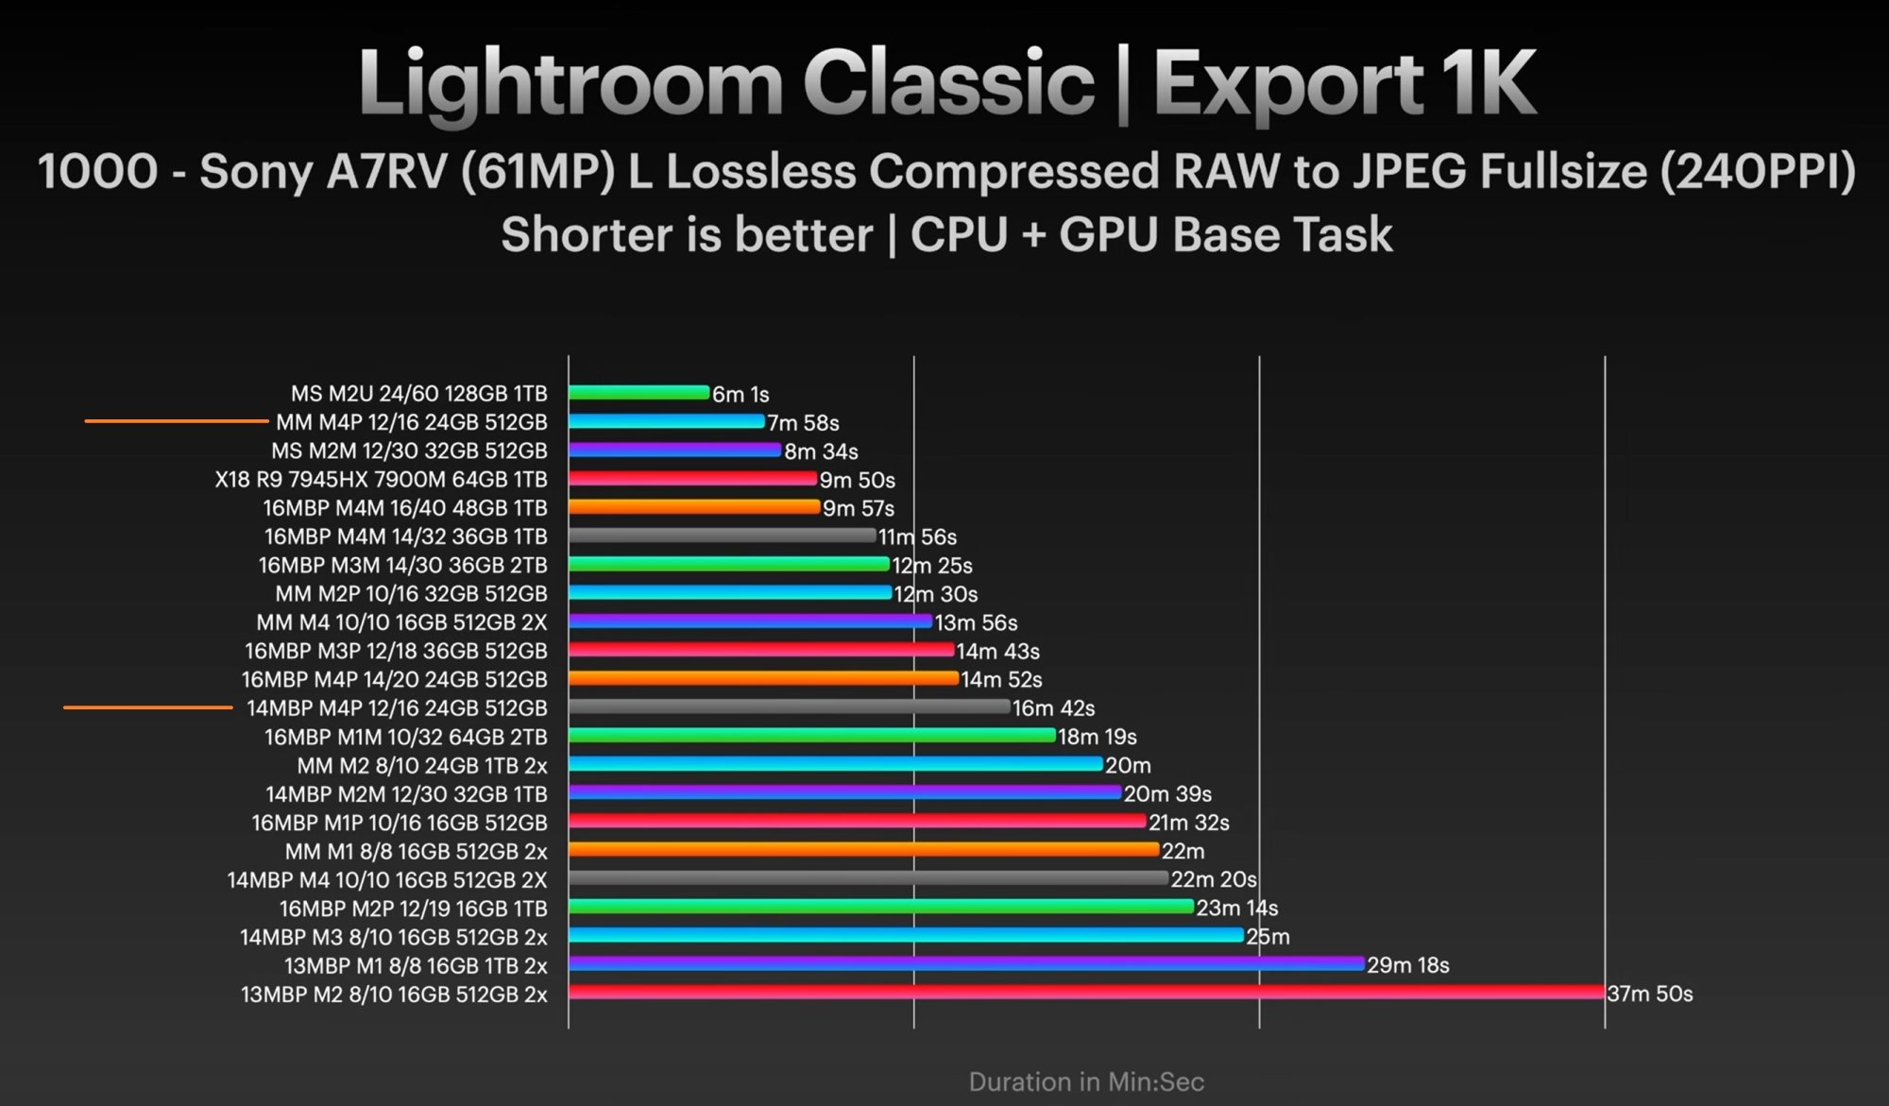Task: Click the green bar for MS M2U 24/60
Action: click(x=638, y=393)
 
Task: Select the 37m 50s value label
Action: click(x=1649, y=994)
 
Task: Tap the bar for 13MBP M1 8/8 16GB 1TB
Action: click(x=966, y=964)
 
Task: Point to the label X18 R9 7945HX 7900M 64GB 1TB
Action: click(x=381, y=480)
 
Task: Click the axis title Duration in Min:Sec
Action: click(x=1086, y=1081)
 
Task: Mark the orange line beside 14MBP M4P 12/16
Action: click(x=147, y=707)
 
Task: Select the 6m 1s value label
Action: click(x=740, y=394)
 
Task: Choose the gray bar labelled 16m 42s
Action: click(x=789, y=706)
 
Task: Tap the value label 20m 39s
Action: click(x=1167, y=794)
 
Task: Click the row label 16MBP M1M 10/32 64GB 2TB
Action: click(x=405, y=737)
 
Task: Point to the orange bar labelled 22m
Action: click(x=863, y=850)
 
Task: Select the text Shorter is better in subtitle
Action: click(x=687, y=235)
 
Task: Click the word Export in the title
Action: click(x=1287, y=84)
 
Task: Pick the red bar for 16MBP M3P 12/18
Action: click(x=761, y=650)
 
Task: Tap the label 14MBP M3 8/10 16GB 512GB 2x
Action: click(x=393, y=937)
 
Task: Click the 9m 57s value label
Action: click(x=858, y=509)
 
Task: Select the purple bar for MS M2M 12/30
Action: click(x=674, y=451)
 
